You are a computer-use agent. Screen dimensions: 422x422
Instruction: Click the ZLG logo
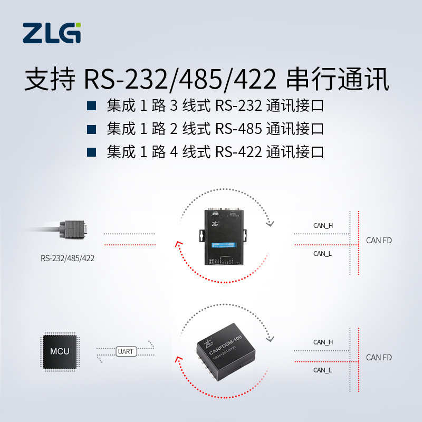tap(52, 33)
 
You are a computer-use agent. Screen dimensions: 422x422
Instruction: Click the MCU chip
tap(59, 350)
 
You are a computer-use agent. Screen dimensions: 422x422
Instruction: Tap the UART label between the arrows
tap(125, 350)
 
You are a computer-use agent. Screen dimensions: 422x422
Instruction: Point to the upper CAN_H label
tap(323, 225)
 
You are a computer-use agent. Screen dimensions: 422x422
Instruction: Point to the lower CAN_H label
tap(323, 342)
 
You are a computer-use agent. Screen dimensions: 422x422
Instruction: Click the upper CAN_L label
tap(322, 253)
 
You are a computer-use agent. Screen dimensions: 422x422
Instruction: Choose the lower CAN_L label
tap(322, 370)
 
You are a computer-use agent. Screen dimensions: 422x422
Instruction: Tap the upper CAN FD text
tap(379, 241)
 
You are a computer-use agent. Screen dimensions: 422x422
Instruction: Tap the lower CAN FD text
tap(379, 357)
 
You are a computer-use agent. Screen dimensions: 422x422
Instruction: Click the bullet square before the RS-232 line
tap(91, 106)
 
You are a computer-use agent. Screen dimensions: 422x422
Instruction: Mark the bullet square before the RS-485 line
tap(91, 129)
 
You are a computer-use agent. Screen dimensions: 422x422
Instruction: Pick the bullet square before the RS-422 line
tap(91, 152)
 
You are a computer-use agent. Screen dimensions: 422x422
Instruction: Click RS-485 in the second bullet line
tap(238, 129)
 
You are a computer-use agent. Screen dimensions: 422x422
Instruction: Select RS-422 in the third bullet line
tap(238, 152)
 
